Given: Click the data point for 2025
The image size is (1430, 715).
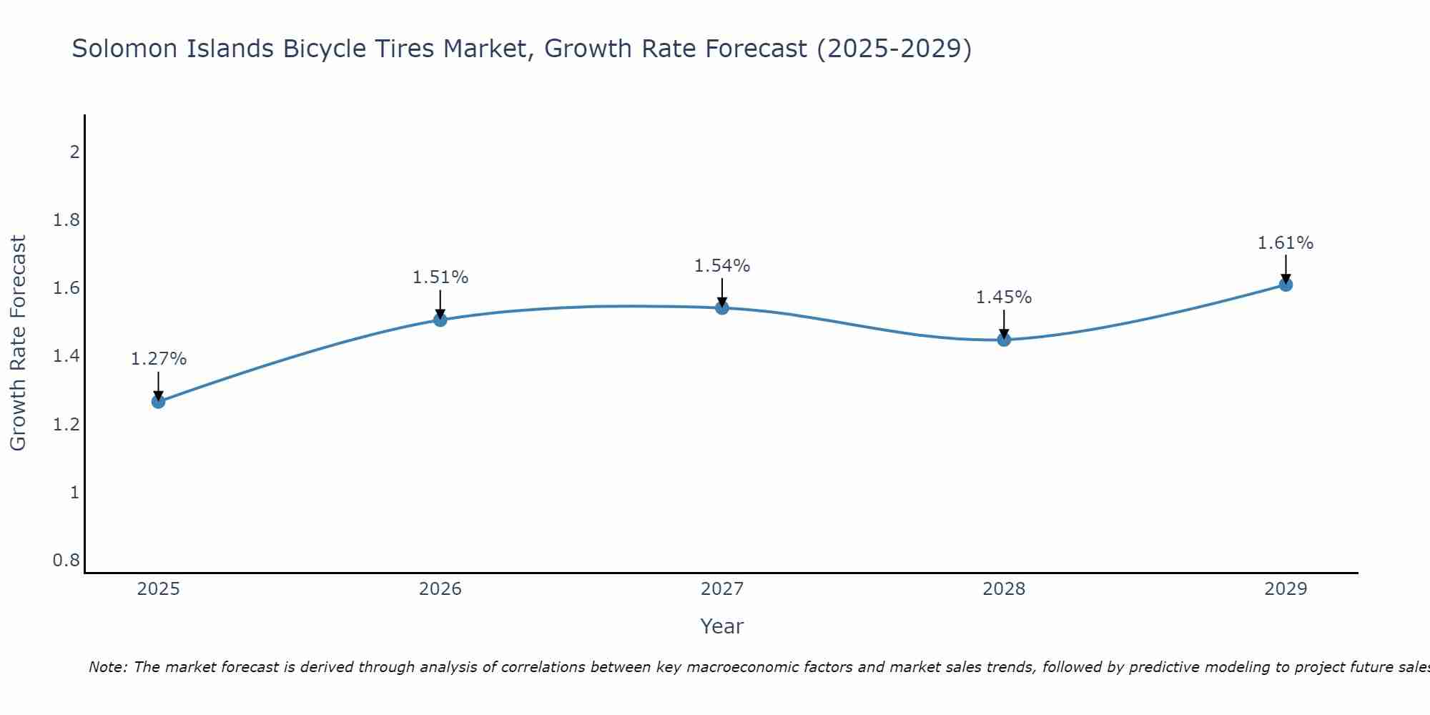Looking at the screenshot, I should pyautogui.click(x=159, y=402).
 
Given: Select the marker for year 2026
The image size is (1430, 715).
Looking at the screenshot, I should pyautogui.click(x=440, y=320).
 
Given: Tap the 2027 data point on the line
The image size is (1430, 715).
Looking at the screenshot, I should pyautogui.click(x=722, y=308).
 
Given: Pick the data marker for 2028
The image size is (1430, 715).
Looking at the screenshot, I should pyautogui.click(x=1004, y=340).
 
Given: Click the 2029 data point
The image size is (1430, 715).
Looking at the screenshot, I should pyautogui.click(x=1286, y=285).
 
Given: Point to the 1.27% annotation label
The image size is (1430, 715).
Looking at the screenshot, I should pyautogui.click(x=159, y=359).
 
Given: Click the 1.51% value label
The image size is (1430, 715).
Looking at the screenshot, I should pyautogui.click(x=440, y=277).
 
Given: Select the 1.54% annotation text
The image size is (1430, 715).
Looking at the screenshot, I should pyautogui.click(x=722, y=266).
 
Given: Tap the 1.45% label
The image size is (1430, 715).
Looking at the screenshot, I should pyautogui.click(x=1004, y=297).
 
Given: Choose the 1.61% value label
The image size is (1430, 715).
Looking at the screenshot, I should pyautogui.click(x=1286, y=243).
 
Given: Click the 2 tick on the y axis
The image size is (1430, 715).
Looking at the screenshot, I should pyautogui.click(x=74, y=152).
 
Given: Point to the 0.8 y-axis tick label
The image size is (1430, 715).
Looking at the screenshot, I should pyautogui.click(x=66, y=560).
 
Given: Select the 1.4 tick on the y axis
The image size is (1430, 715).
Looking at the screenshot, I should pyautogui.click(x=66, y=356).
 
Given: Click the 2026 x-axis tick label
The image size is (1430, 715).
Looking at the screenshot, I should pyautogui.click(x=440, y=589).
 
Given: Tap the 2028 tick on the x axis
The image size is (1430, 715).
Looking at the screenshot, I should pyautogui.click(x=1004, y=589).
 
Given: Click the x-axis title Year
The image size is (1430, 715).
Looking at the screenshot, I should pyautogui.click(x=722, y=626).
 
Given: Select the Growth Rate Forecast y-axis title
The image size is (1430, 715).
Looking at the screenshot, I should pyautogui.click(x=18, y=343).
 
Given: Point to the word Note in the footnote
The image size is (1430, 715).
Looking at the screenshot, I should pyautogui.click(x=107, y=667).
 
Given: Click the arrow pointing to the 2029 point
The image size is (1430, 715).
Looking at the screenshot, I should pyautogui.click(x=1286, y=269).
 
